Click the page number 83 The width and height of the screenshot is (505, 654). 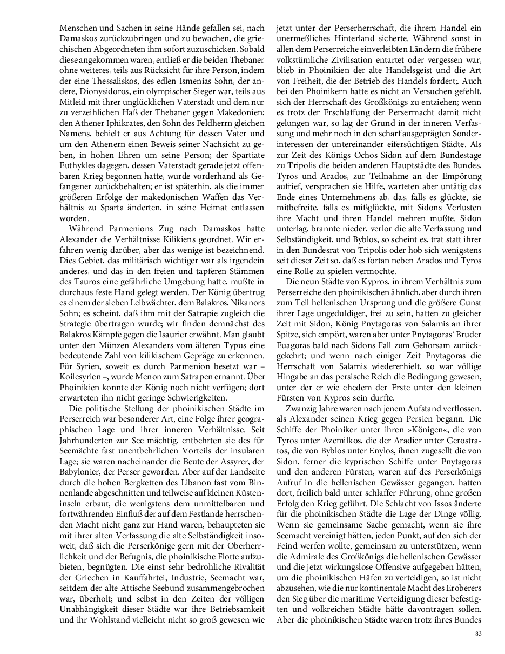[478, 633]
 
